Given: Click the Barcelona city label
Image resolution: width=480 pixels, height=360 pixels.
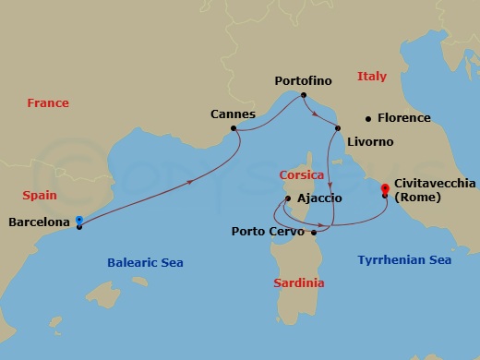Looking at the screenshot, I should pyautogui.click(x=40, y=222).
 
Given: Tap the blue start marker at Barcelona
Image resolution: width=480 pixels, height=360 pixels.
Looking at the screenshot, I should pyautogui.click(x=79, y=220).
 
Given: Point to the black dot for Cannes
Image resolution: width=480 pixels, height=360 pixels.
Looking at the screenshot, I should pyautogui.click(x=234, y=128).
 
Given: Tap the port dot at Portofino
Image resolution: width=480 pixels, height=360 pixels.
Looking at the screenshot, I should pyautogui.click(x=304, y=95).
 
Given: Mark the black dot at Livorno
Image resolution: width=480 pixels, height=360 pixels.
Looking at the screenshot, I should pyautogui.click(x=338, y=128).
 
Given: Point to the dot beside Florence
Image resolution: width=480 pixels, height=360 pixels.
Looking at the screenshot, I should pyautogui.click(x=368, y=118).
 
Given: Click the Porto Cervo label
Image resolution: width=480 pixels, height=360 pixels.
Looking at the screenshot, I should pyautogui.click(x=269, y=232).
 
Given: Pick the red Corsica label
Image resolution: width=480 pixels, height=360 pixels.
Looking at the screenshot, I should pyautogui.click(x=301, y=174).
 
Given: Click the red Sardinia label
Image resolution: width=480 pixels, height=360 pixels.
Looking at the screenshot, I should pyautogui.click(x=299, y=283).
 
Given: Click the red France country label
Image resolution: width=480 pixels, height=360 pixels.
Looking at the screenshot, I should pyautogui.click(x=48, y=103).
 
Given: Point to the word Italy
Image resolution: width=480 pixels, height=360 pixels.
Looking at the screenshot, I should pyautogui.click(x=372, y=77).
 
